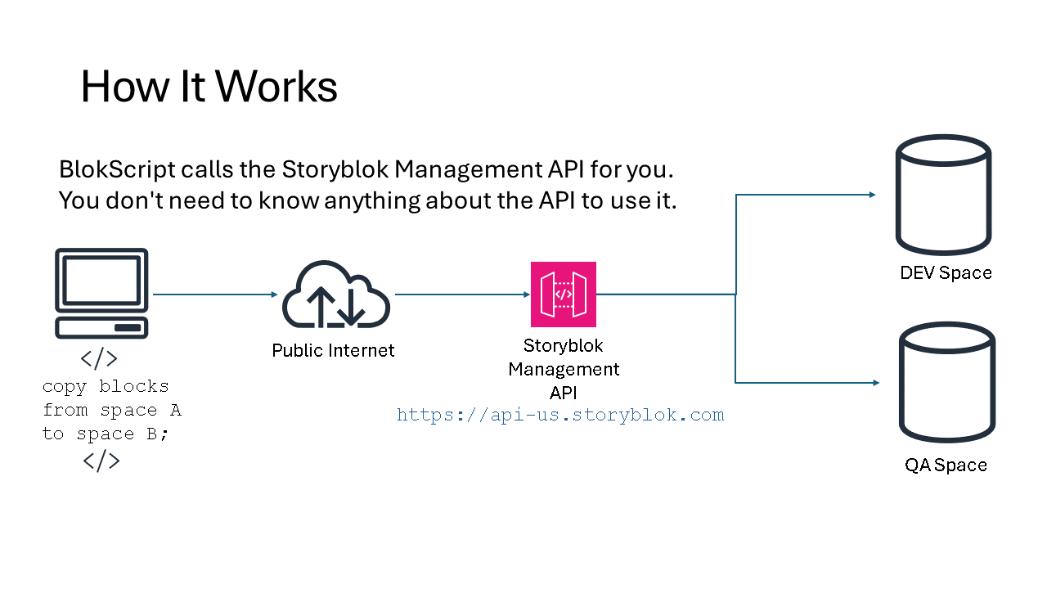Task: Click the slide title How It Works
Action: (209, 87)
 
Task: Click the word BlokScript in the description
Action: (117, 169)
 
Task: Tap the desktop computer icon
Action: (101, 293)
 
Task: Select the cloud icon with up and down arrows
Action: (336, 294)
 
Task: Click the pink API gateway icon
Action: (564, 294)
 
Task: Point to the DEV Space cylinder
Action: (943, 195)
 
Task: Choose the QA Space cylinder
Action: (947, 382)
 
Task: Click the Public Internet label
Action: (333, 350)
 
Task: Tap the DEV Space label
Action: (946, 272)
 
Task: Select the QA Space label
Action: (946, 465)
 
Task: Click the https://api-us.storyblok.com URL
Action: (560, 415)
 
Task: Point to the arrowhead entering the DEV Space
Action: (873, 195)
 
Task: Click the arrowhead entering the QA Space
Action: (876, 382)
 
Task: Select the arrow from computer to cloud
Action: (215, 294)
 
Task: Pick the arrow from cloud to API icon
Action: (462, 294)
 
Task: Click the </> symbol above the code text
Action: (99, 359)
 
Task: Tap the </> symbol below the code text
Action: (101, 461)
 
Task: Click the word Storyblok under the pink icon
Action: (564, 346)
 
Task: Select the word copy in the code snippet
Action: (65, 387)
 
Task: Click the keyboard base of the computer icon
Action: (101, 328)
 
